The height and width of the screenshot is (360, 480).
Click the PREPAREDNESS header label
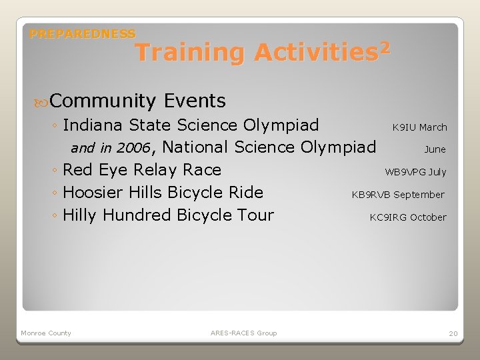pos(83,33)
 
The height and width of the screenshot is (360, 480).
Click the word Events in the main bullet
pos(195,101)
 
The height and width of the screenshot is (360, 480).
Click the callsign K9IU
pos(404,127)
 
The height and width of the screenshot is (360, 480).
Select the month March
pos(433,127)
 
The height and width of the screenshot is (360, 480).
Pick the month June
pos(435,149)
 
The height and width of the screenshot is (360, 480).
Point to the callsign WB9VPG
pos(405,172)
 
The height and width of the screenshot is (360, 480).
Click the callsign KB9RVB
pos(371,195)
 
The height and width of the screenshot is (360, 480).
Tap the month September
pos(419,195)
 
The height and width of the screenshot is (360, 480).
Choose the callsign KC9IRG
pos(388,217)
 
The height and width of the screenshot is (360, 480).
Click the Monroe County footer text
pos(46,333)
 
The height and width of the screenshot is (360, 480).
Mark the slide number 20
pos(453,333)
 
